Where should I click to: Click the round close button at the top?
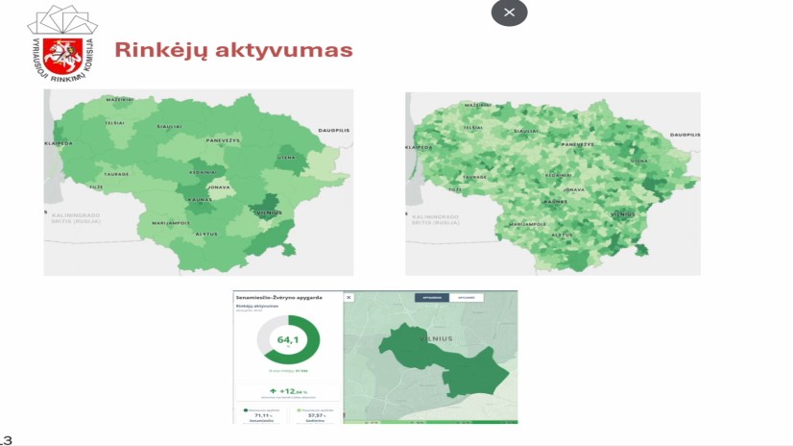pyautogui.click(x=509, y=12)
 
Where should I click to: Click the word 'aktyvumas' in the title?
pyautogui.click(x=289, y=50)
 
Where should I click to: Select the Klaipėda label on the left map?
pyautogui.click(x=59, y=143)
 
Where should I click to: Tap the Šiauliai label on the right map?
pyautogui.click(x=526, y=130)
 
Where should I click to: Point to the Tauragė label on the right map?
pyautogui.click(x=473, y=178)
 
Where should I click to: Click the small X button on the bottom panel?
pyautogui.click(x=348, y=298)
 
